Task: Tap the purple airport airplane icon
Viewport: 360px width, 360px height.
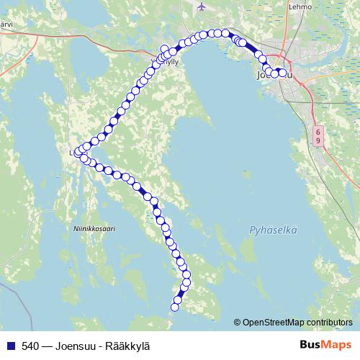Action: [x=201, y=6]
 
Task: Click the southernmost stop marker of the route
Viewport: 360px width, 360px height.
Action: [x=174, y=307]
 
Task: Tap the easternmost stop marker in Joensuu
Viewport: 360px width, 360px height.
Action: [x=282, y=72]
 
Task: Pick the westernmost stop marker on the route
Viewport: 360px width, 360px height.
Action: [x=78, y=153]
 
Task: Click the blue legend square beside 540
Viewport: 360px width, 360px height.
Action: [x=11, y=346]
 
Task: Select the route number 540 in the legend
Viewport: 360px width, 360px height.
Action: [x=31, y=346]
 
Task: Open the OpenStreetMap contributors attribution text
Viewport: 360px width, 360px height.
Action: [x=297, y=323]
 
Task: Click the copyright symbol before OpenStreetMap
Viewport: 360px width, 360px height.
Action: [x=237, y=323]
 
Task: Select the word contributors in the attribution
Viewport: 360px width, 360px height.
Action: [x=329, y=323]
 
